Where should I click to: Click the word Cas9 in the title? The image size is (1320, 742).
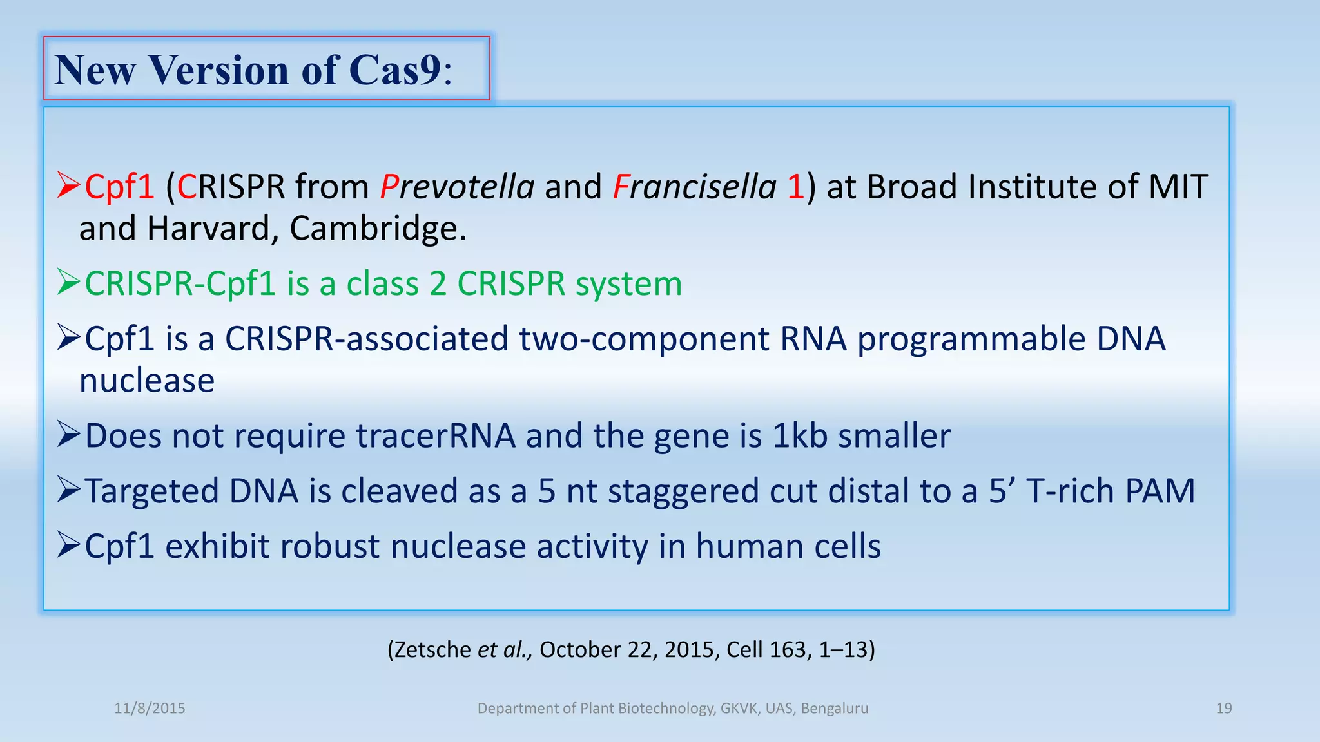pos(395,70)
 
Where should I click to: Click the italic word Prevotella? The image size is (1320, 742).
pos(456,187)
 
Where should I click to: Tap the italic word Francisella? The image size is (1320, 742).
pos(694,187)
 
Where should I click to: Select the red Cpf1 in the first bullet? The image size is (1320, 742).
pos(119,187)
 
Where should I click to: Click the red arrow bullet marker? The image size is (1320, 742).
pos(68,185)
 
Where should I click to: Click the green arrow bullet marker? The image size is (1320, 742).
pos(68,282)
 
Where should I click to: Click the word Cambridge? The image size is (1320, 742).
pos(377,229)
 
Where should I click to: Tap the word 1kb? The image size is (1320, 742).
pos(800,436)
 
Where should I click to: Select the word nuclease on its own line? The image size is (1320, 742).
pos(147,381)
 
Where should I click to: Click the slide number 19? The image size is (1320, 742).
pos(1223,709)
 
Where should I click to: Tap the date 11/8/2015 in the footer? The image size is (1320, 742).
pos(150,709)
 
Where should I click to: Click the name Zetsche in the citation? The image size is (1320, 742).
pos(432,649)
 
